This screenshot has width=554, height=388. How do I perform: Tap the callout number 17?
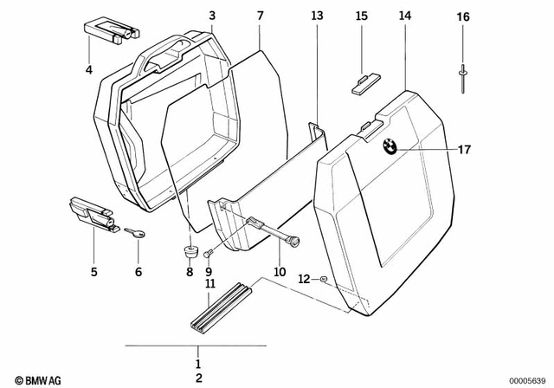pos(464,150)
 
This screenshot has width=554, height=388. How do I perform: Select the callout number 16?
pos(463,17)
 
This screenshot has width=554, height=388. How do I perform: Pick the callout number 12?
pos(303,278)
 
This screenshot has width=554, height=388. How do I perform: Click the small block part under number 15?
pos(363,82)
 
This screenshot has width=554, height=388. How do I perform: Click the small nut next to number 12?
pos(323,279)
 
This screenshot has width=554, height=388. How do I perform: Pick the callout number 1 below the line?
pos(197,364)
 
